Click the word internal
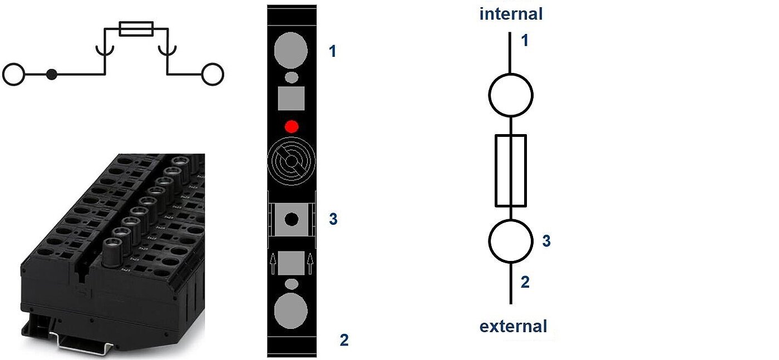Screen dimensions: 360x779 (x=510, y=13)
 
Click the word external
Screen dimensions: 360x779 (x=513, y=326)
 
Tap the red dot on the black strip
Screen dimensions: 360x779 (x=292, y=126)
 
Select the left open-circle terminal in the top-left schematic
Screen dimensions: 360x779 (x=14, y=74)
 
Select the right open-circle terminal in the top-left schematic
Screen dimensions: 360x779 (x=212, y=74)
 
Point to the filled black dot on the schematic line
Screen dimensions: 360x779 (x=52, y=74)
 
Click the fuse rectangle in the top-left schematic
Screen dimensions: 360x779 (x=136, y=29)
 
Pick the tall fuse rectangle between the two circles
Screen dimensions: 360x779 (x=510, y=170)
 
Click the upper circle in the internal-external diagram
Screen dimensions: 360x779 (x=510, y=95)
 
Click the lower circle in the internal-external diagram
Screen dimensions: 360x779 (x=510, y=240)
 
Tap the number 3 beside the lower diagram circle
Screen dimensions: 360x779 (x=546, y=241)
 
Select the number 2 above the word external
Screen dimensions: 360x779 (x=525, y=282)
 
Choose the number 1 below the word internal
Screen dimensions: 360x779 (x=524, y=41)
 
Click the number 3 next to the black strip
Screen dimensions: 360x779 (x=333, y=219)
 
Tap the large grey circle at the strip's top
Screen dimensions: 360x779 (x=291, y=50)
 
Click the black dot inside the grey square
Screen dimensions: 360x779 (x=291, y=219)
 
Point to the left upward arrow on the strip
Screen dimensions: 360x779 (x=273, y=264)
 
